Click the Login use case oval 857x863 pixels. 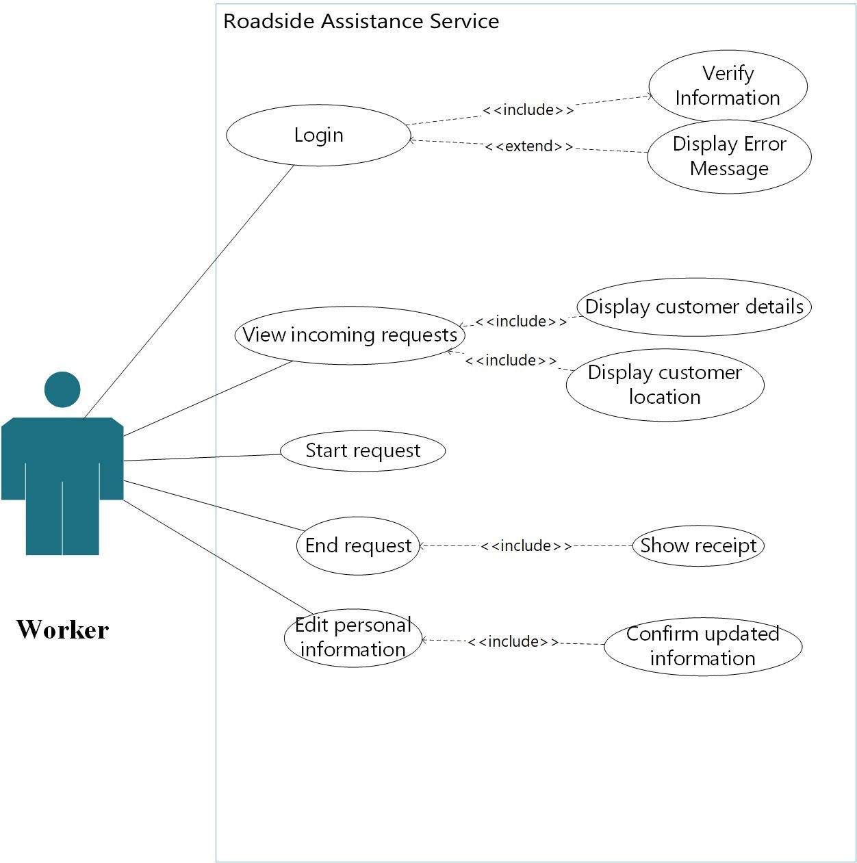(x=318, y=135)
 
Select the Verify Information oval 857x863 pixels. (x=728, y=86)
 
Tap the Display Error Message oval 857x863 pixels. (x=729, y=156)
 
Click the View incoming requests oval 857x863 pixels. (x=350, y=335)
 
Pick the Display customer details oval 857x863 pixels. (x=694, y=307)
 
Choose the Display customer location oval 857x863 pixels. (x=665, y=385)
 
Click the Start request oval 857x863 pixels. (x=363, y=450)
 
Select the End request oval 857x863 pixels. (x=358, y=545)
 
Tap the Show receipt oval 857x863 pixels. (x=698, y=545)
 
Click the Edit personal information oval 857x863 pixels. (x=353, y=637)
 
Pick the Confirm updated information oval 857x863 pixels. (x=703, y=645)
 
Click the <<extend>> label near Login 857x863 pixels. (x=528, y=146)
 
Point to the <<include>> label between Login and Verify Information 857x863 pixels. (x=528, y=110)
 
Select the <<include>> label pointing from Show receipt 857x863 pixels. (x=525, y=546)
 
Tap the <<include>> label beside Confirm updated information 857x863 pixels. (x=513, y=642)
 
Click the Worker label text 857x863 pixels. (x=62, y=630)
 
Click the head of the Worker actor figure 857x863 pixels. (x=62, y=389)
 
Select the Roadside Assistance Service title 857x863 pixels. (x=361, y=21)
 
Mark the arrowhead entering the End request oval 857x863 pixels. (x=422, y=546)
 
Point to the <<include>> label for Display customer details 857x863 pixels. (x=521, y=322)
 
